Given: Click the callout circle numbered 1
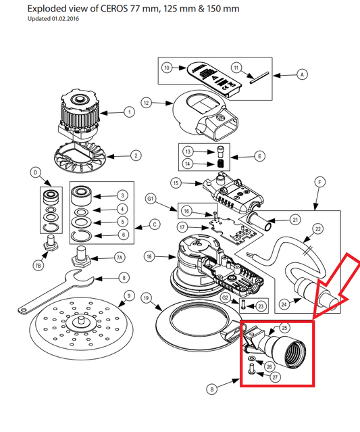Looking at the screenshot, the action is pos(130,112).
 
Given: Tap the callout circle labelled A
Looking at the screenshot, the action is pos(302,74).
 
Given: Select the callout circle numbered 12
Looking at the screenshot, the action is pos(146,103).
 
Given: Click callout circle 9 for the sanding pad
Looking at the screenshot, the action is pos(129,295).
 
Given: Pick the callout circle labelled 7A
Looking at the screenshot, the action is pos(119,258).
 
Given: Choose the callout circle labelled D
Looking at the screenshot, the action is pos(35,173).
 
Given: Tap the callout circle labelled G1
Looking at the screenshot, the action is pos(151,198).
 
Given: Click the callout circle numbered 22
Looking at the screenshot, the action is pos(318,229).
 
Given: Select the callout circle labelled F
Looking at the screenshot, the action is pos(320,182).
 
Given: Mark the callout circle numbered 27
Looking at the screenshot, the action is pos(275,377).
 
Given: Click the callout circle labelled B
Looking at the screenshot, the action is pos(211,389).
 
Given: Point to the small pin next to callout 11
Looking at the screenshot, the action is pos(259,78).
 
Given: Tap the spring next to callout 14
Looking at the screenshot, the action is pos(221,163).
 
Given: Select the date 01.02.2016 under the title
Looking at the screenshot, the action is pos(66,19).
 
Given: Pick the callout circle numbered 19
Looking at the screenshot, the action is pos(146,298).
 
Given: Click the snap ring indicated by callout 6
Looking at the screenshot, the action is pos(82,235).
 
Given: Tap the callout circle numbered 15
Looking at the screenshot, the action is pos(176,183).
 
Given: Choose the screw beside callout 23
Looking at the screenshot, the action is pos(243,304).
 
